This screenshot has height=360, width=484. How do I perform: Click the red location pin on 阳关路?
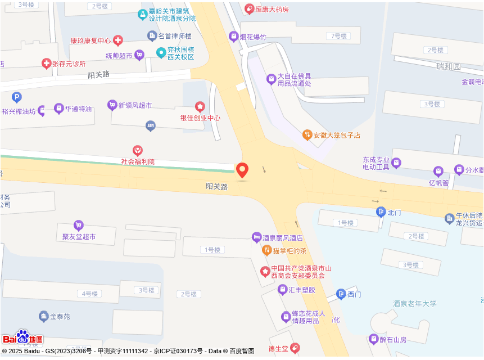coord(242,170)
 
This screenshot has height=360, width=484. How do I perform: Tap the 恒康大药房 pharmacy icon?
coord(249,9)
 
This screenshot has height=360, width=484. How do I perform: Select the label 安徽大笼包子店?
coord(337,135)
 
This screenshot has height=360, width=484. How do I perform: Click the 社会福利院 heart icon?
coord(137,150)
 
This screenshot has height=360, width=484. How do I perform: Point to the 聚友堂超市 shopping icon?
coord(78,225)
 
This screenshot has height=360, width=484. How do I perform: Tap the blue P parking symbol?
coord(17,97)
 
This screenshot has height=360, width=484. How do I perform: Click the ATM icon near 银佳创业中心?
coord(150,125)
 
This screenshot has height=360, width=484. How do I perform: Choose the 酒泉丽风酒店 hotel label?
coord(283,238)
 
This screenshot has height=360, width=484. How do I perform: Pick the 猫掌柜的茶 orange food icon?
coord(267,250)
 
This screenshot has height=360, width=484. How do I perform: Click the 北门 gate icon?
coord(381,212)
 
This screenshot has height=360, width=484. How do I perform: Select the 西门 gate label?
coord(354,294)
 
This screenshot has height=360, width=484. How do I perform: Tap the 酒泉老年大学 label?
coord(415,304)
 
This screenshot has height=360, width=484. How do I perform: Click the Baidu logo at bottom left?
coord(22,337)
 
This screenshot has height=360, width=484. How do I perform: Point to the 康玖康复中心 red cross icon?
coord(118,40)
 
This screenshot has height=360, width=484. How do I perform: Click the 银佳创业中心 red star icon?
coord(200,106)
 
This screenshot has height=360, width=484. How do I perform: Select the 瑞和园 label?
coord(449,66)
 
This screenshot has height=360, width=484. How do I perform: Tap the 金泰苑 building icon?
coord(44,316)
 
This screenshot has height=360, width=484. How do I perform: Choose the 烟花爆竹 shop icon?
coord(233,37)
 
